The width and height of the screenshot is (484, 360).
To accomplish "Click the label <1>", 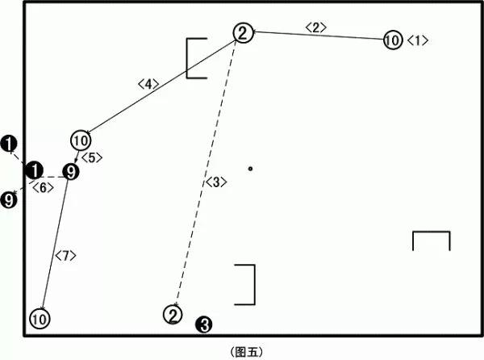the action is (418, 40).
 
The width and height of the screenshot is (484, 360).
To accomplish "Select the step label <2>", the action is (315, 27).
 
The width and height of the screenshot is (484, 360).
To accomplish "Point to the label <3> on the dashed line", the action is (216, 182).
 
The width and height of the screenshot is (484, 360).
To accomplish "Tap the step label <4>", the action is (148, 84).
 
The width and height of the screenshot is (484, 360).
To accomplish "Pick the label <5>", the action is (92, 157).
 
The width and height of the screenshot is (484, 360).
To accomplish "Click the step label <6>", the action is (44, 187).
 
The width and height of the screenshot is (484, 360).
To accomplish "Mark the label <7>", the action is (65, 255).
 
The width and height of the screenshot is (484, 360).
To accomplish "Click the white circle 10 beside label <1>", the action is (393, 40).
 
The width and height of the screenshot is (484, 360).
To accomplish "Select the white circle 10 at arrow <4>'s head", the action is (81, 140).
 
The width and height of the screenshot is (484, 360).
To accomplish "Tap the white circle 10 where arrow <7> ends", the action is (40, 319).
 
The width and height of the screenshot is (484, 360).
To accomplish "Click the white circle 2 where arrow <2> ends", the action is (244, 33).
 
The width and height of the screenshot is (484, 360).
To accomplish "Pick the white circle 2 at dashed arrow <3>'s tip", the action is (173, 315).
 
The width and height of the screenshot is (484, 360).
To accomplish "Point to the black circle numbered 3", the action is (204, 324).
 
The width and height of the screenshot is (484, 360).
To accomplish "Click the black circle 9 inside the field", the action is (71, 172).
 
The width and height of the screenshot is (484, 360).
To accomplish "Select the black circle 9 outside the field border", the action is (9, 199).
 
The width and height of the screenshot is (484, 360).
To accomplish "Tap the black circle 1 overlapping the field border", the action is (34, 170).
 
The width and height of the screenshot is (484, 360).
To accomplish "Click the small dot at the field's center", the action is (250, 169).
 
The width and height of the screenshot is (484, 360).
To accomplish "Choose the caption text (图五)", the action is (247, 352).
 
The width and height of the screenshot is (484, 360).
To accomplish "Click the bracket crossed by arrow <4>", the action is (187, 58).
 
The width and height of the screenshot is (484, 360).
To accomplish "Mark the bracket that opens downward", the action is (432, 232).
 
